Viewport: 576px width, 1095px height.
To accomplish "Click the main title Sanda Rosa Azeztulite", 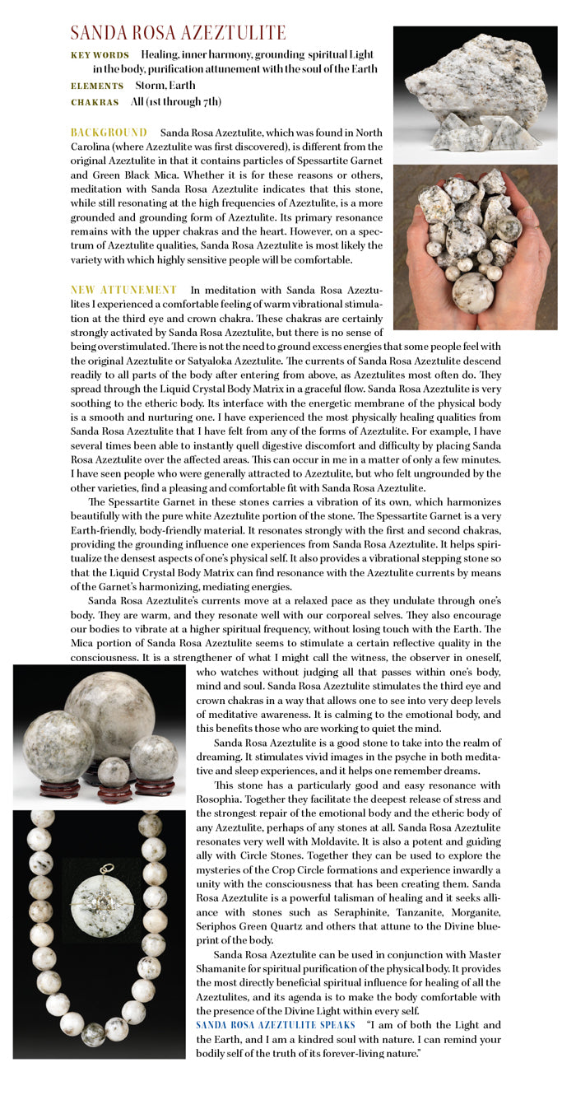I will tap(178, 34).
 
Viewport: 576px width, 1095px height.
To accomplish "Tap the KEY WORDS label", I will tap(100, 55).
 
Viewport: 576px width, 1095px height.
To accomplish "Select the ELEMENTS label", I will tap(97, 86).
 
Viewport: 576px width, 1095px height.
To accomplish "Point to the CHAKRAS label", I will tap(95, 102).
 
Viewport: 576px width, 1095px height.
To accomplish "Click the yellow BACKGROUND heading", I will tap(109, 133).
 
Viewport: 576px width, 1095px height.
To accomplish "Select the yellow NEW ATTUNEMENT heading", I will tap(123, 290).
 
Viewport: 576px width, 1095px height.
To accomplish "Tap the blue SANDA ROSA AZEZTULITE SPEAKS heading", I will tap(276, 1025).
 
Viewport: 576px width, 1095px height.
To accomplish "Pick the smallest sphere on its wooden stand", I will tap(114, 771).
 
